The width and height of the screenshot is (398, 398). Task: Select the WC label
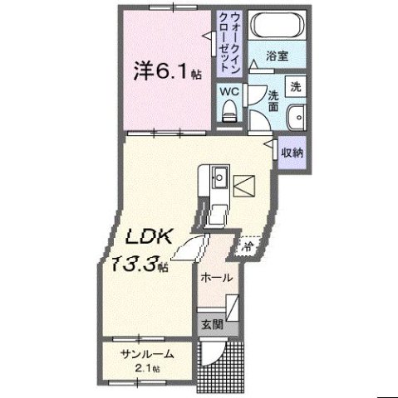229,92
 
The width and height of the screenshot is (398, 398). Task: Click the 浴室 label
277,57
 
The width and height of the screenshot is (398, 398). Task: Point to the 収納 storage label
291,153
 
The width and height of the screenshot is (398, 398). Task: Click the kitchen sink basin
219,177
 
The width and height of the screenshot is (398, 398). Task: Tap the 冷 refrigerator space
248,246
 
